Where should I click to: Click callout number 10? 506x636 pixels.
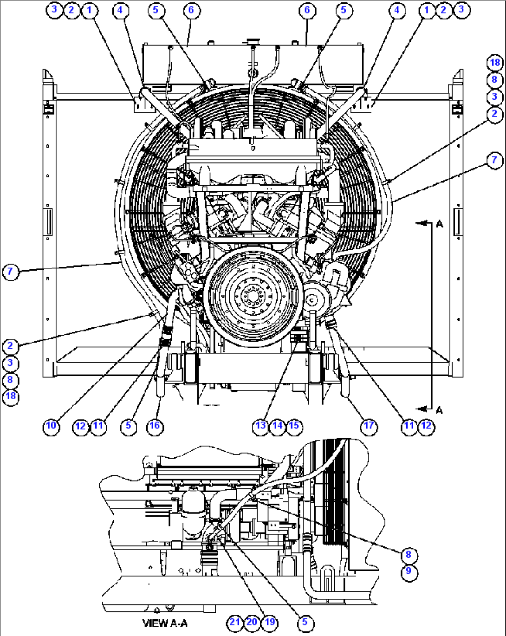[x=51, y=426]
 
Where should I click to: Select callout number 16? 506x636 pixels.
[x=155, y=426]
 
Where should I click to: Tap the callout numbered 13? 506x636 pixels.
[x=260, y=426]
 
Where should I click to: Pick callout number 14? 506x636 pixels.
[x=277, y=426]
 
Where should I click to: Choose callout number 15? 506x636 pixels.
[x=294, y=426]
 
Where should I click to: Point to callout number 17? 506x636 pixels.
[x=369, y=426]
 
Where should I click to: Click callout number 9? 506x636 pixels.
[x=409, y=571]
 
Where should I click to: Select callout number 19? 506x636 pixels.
[x=269, y=623]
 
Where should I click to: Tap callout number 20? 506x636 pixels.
[x=252, y=623]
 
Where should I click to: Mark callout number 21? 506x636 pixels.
[x=235, y=623]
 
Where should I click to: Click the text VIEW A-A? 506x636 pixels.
[x=165, y=623]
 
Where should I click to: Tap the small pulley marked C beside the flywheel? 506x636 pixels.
[x=312, y=300]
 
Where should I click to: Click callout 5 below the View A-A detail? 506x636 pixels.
[x=305, y=623]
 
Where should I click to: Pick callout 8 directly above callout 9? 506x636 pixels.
[x=409, y=554]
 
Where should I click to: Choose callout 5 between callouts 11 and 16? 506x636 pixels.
[x=128, y=426]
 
